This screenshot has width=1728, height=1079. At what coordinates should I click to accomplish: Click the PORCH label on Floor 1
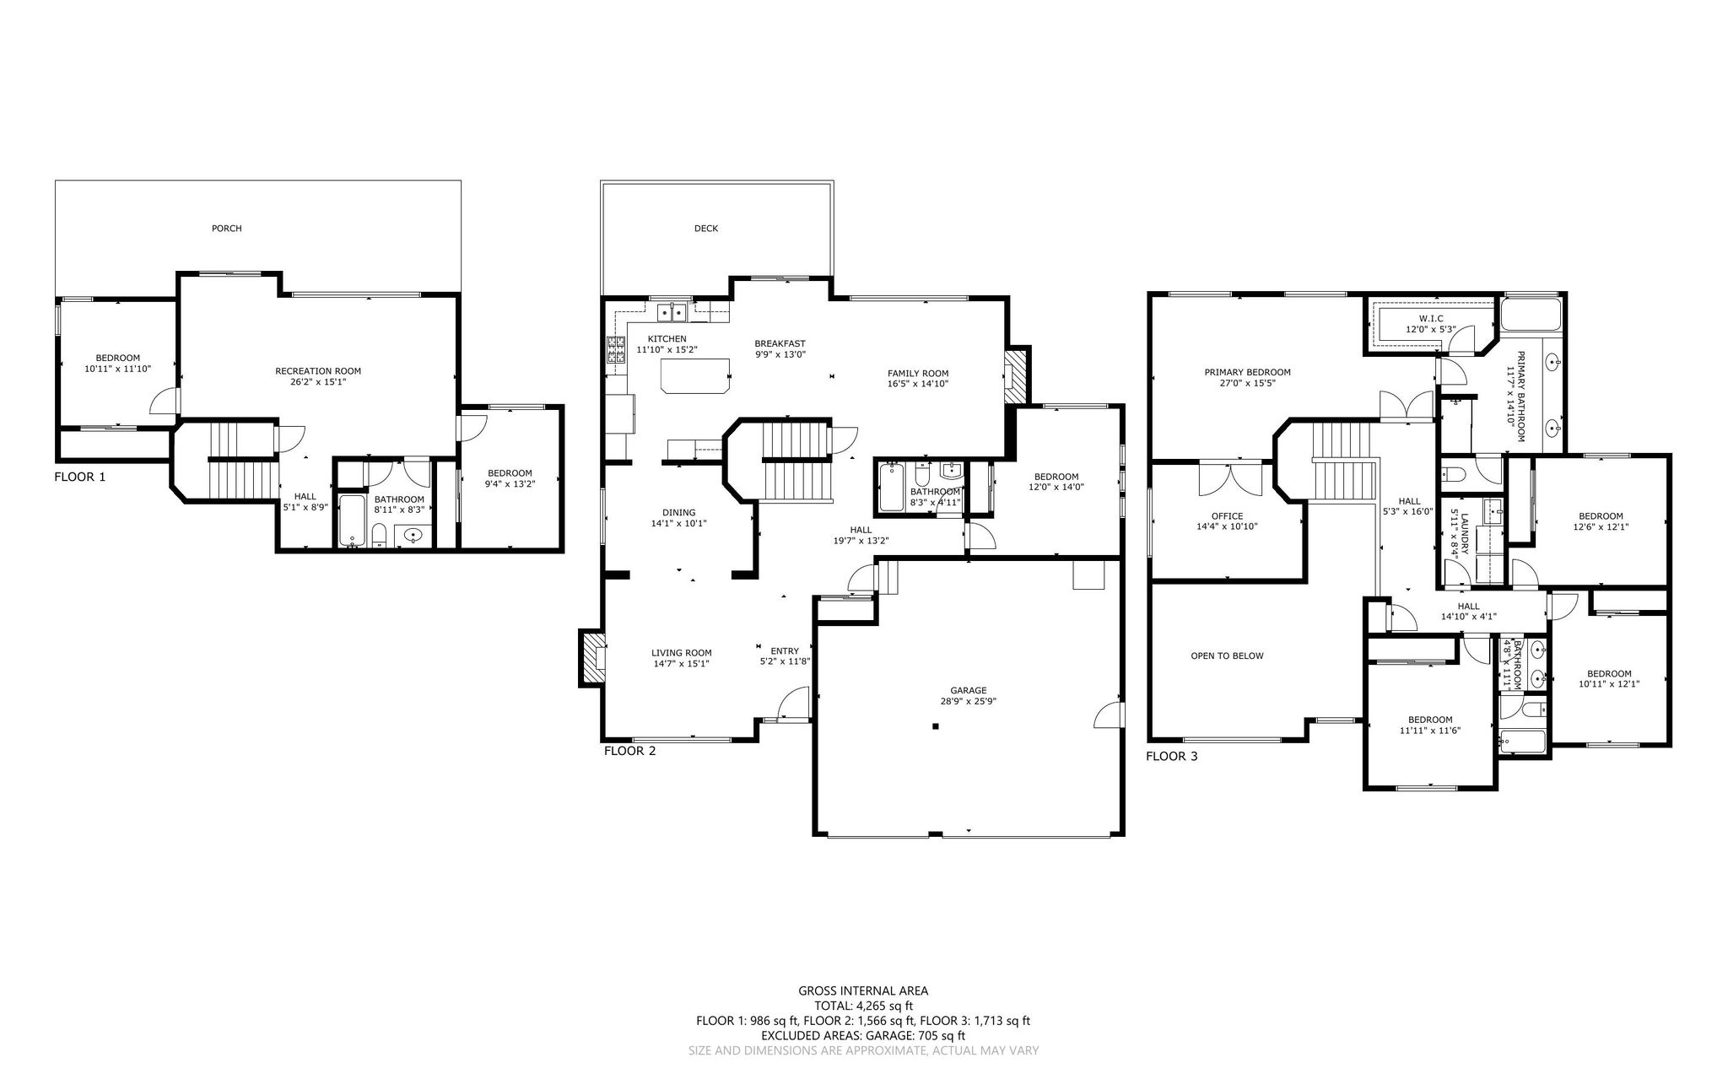click(226, 228)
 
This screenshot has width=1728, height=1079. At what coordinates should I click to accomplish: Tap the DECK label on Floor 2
click(706, 228)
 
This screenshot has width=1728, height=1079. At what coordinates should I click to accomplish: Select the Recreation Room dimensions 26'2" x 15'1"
click(318, 381)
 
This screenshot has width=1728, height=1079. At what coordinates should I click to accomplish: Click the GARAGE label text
click(969, 690)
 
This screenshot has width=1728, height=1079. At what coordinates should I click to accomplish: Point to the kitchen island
click(695, 375)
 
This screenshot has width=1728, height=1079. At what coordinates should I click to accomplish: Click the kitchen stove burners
click(615, 349)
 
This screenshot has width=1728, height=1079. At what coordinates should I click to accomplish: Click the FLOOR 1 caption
click(80, 477)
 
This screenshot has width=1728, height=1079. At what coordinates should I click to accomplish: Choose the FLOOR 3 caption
click(1172, 756)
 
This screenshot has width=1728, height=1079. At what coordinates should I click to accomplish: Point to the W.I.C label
click(1425, 318)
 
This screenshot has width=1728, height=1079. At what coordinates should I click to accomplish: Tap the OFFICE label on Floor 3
click(1227, 516)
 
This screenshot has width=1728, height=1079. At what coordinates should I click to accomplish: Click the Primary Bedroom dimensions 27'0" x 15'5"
click(1247, 382)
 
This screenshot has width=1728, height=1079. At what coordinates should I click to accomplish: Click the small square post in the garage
click(935, 726)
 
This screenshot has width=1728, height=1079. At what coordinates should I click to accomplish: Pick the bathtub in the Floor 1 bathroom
click(352, 521)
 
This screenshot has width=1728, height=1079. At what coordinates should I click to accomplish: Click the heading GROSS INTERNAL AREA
click(863, 991)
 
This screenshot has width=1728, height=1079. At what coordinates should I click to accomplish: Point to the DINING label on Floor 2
click(679, 512)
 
